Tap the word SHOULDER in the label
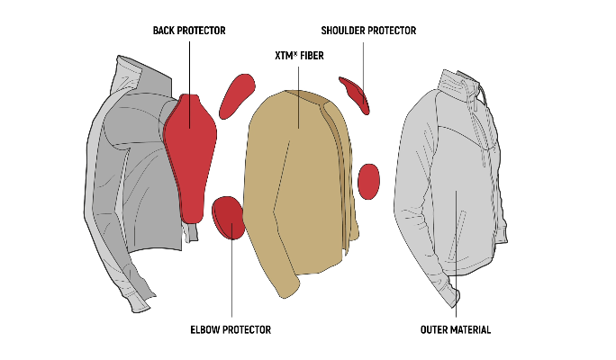point(347,31)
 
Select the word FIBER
point(311,56)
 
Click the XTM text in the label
point(285,56)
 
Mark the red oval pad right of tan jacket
point(368,180)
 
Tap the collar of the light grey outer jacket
point(456,79)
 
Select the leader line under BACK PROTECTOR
point(190,67)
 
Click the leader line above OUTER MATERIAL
point(456,270)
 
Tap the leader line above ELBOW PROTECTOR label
point(232,279)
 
